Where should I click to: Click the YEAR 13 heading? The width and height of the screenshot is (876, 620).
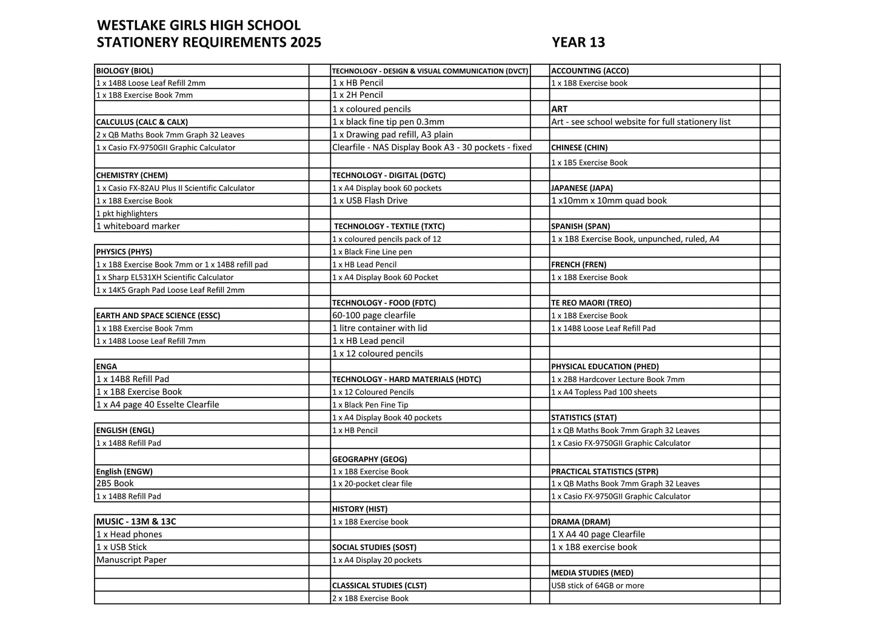tap(578, 42)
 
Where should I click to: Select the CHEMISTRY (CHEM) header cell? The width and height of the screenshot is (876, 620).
tap(132, 175)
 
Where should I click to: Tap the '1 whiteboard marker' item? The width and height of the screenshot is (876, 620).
tap(138, 226)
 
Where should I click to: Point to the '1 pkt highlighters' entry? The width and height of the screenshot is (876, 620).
tap(127, 214)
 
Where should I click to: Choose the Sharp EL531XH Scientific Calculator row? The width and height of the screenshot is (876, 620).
tap(165, 277)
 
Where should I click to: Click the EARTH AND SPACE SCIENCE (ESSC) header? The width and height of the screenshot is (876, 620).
tap(158, 315)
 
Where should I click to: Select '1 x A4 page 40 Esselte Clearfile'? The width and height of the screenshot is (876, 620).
tap(158, 405)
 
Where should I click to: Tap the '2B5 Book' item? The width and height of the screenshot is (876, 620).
tap(115, 484)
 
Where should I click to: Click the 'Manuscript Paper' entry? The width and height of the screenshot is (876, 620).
tap(132, 560)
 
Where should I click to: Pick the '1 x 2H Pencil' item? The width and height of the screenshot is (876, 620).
tap(358, 95)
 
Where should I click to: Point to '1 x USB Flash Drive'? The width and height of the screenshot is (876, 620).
tap(370, 201)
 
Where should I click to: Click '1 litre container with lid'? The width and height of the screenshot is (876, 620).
tap(380, 328)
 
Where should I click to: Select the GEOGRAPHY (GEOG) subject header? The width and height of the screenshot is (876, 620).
tap(369, 459)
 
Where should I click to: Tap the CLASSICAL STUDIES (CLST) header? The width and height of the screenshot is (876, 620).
tap(379, 585)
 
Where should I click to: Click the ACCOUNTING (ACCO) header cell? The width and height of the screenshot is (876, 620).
tap(590, 70)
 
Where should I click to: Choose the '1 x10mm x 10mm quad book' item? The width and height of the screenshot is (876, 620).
tap(609, 201)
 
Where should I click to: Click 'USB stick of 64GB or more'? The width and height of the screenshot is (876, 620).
tap(598, 585)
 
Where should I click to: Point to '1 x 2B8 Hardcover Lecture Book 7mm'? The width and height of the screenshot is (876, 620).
tap(618, 379)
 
